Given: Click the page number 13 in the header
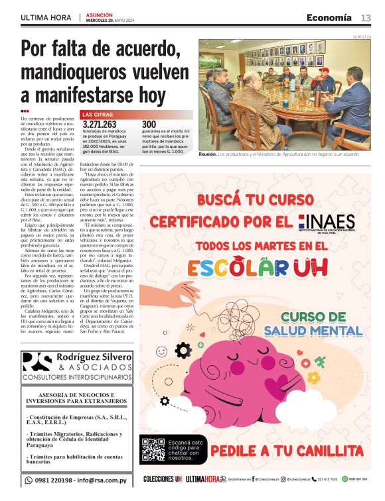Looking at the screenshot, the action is point(366,17).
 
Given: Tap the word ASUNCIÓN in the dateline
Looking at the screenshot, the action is point(99,14).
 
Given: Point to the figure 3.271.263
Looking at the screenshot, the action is point(100,124).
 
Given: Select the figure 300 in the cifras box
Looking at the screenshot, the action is point(149,124).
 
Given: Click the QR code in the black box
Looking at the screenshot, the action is point(153,450).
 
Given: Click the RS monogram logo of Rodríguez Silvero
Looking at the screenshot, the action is point(37,362).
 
